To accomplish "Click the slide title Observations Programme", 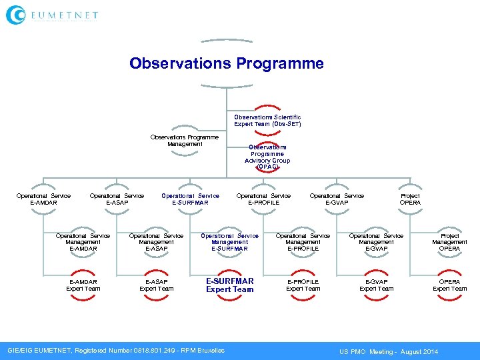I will tap(227, 63).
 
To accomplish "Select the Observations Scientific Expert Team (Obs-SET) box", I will tap(267, 120).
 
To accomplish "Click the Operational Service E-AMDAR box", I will tap(43, 199).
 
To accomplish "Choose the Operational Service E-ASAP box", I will tap(117, 199).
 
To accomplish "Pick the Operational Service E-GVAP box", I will tap(337, 199).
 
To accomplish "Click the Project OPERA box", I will tap(410, 199).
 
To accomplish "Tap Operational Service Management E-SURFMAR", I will tap(229, 242).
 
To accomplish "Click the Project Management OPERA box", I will tap(450, 242).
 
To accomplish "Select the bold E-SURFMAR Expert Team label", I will tap(229, 285).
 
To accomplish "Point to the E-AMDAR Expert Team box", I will tap(83, 285).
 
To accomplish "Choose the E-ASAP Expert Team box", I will tap(157, 285).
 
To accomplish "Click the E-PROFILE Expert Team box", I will tap(303, 285).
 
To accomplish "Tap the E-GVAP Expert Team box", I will tap(377, 285).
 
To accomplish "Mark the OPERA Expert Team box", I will tap(450, 285).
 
